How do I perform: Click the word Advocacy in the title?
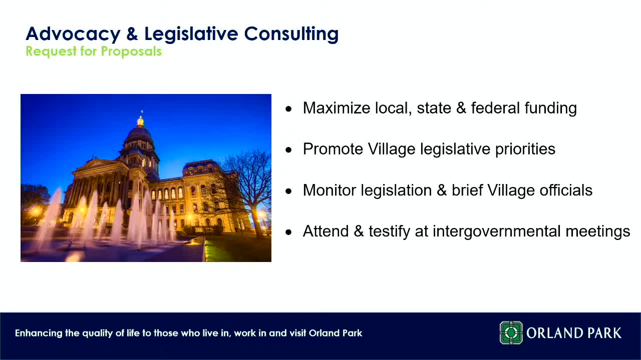[73, 34]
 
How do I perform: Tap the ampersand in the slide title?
[132, 33]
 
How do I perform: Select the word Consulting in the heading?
[291, 34]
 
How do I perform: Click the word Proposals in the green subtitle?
[131, 51]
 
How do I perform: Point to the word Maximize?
[337, 108]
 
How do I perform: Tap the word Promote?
[333, 149]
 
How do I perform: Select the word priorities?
[525, 149]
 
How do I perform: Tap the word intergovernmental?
[496, 231]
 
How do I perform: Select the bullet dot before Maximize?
[289, 109]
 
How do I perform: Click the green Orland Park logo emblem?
[511, 333]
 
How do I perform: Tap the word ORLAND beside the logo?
[554, 333]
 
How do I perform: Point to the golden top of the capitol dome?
[141, 121]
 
